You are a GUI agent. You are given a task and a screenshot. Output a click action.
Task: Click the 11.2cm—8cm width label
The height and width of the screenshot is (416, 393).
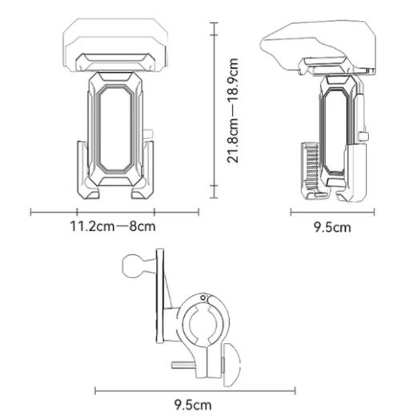point(114,226)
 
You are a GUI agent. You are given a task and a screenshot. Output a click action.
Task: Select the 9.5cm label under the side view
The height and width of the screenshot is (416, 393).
point(331,227)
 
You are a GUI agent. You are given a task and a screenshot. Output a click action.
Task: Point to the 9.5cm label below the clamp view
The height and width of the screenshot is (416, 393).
point(195,405)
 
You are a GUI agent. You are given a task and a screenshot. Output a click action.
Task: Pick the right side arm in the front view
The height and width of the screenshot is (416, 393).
point(149,168)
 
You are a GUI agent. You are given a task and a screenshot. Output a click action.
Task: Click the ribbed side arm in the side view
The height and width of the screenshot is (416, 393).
point(307,164)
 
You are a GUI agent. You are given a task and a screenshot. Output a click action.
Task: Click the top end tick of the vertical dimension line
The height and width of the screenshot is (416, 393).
point(212,25)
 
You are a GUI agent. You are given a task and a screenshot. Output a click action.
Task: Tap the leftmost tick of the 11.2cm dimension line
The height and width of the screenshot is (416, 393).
point(31,212)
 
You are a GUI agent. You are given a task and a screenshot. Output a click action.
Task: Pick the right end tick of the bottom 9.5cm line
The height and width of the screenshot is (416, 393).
point(295,391)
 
